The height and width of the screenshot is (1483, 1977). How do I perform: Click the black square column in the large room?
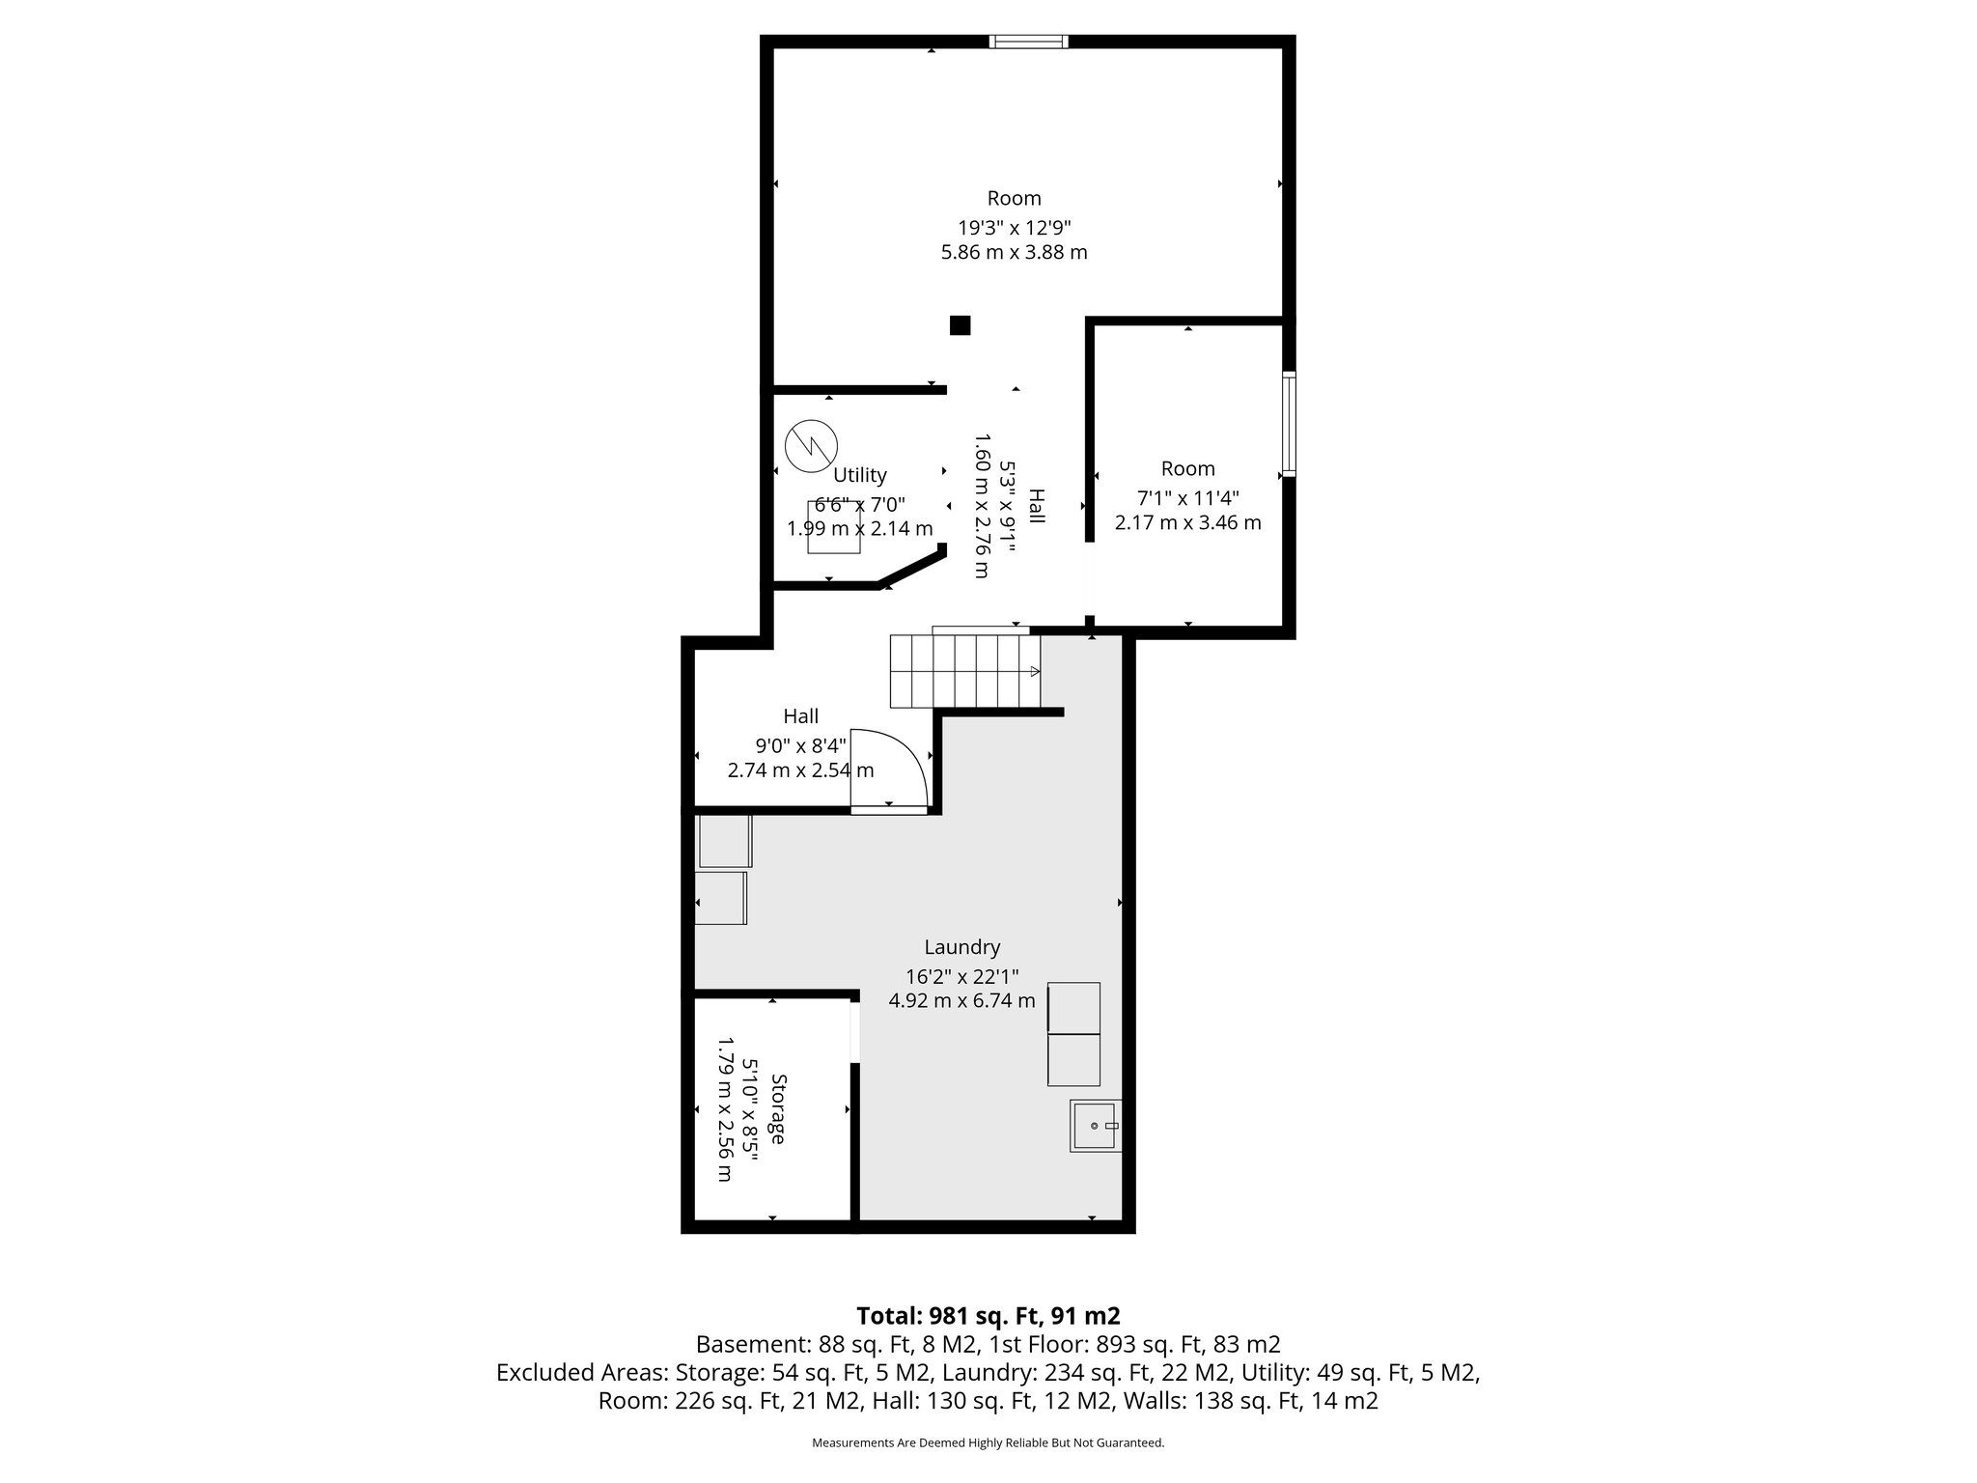point(960,325)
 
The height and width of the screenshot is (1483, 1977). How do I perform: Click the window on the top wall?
point(1029,42)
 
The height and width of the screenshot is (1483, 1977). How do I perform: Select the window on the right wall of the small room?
point(1289,424)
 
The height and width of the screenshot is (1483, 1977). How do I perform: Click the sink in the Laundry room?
point(1096,1126)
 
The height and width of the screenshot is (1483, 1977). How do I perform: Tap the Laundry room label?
point(961,947)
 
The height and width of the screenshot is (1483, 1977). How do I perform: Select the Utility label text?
point(859,475)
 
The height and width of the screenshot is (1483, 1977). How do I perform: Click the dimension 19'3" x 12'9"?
point(1014,228)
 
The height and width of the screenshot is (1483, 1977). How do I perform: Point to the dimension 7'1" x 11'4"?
point(1187,498)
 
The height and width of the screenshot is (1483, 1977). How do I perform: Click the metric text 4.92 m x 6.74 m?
point(961,1000)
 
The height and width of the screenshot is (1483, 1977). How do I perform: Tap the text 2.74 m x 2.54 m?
point(800,770)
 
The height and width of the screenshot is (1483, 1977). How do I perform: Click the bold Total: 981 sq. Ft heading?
point(988,1316)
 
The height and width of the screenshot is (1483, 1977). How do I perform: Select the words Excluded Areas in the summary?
point(581,1372)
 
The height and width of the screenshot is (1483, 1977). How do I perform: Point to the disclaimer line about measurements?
point(988,1442)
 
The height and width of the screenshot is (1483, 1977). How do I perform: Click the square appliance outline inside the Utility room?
point(833,527)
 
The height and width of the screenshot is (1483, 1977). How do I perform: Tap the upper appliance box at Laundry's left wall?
point(724,841)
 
